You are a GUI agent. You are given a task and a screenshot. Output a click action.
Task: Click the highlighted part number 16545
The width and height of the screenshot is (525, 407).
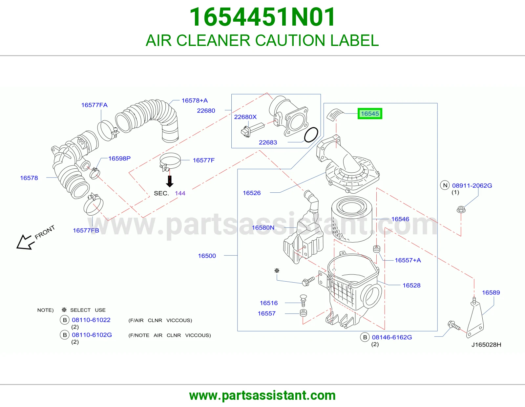370,114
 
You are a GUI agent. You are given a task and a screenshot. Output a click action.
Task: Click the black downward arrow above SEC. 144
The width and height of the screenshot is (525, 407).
170,181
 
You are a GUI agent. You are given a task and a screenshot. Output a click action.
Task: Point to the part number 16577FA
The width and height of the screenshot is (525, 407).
94,105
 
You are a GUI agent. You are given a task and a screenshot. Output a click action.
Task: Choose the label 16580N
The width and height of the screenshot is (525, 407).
263,227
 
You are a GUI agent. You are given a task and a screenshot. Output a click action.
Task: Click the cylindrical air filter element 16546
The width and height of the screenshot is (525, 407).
351,219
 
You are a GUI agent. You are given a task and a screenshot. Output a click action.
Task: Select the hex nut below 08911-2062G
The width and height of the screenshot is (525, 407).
461,209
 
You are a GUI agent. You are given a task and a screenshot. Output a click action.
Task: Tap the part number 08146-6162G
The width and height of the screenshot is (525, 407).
392,337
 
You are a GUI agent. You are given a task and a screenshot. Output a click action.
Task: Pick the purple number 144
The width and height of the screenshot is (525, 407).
180,193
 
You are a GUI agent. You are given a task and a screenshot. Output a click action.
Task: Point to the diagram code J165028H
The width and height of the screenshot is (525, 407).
486,345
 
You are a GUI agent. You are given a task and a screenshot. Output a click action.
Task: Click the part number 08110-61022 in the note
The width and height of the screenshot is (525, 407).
91,320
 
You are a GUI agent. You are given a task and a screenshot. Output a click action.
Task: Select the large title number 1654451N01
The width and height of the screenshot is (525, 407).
262,17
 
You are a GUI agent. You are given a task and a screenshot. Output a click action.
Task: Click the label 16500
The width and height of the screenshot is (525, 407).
207,256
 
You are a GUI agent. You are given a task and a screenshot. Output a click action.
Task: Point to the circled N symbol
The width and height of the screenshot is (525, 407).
445,185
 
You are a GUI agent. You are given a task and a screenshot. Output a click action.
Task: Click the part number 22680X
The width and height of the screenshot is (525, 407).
245,117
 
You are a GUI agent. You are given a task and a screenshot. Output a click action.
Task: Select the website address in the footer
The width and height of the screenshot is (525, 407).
262,396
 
